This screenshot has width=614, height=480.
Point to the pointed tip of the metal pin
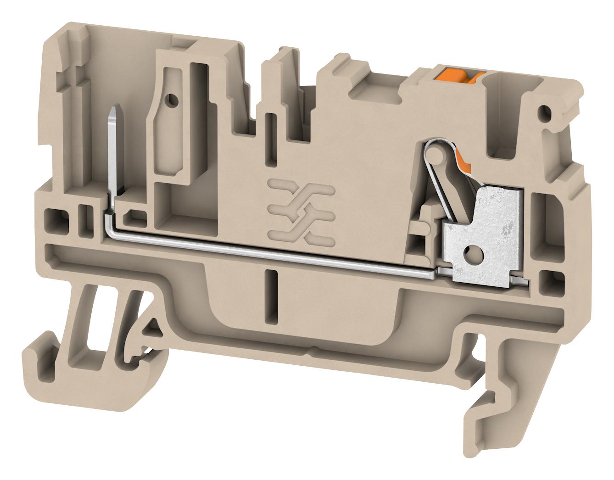(113, 112)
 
